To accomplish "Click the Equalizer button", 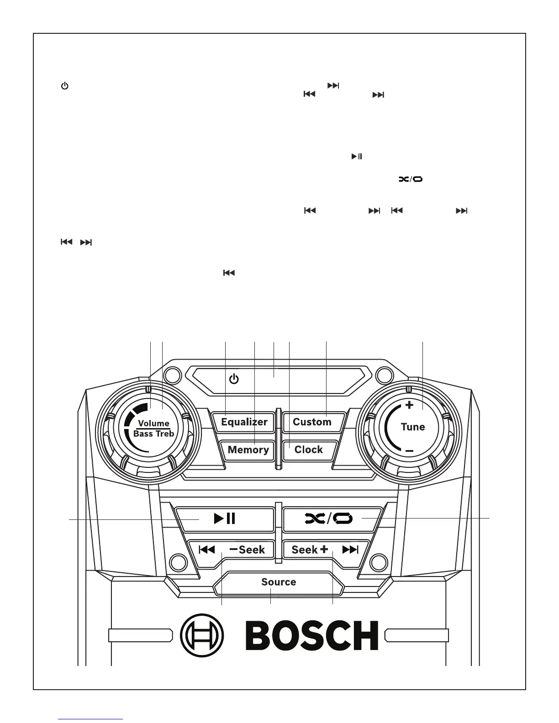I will pos(244,422).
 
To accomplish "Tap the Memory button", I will pos(248,450).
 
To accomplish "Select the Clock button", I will pos(309,450).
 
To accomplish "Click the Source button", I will pos(279,582).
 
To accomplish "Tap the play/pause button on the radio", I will pos(225,519).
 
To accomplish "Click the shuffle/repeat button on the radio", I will pos(329,519).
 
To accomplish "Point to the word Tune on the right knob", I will pos(413,427).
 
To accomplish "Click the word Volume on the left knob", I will pos(153,423).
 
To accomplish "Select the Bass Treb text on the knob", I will pos(153,434).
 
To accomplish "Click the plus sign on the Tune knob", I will pos(410,405).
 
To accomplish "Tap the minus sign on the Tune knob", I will pos(409,451).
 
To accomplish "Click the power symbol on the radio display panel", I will pos(234,379).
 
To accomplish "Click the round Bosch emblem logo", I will pos(202,635).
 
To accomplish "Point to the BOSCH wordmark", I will pos(312,635).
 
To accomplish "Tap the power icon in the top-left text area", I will pos(65,86).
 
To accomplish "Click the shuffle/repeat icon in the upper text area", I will pos(411,179).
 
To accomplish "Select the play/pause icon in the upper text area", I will pos(357,157).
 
